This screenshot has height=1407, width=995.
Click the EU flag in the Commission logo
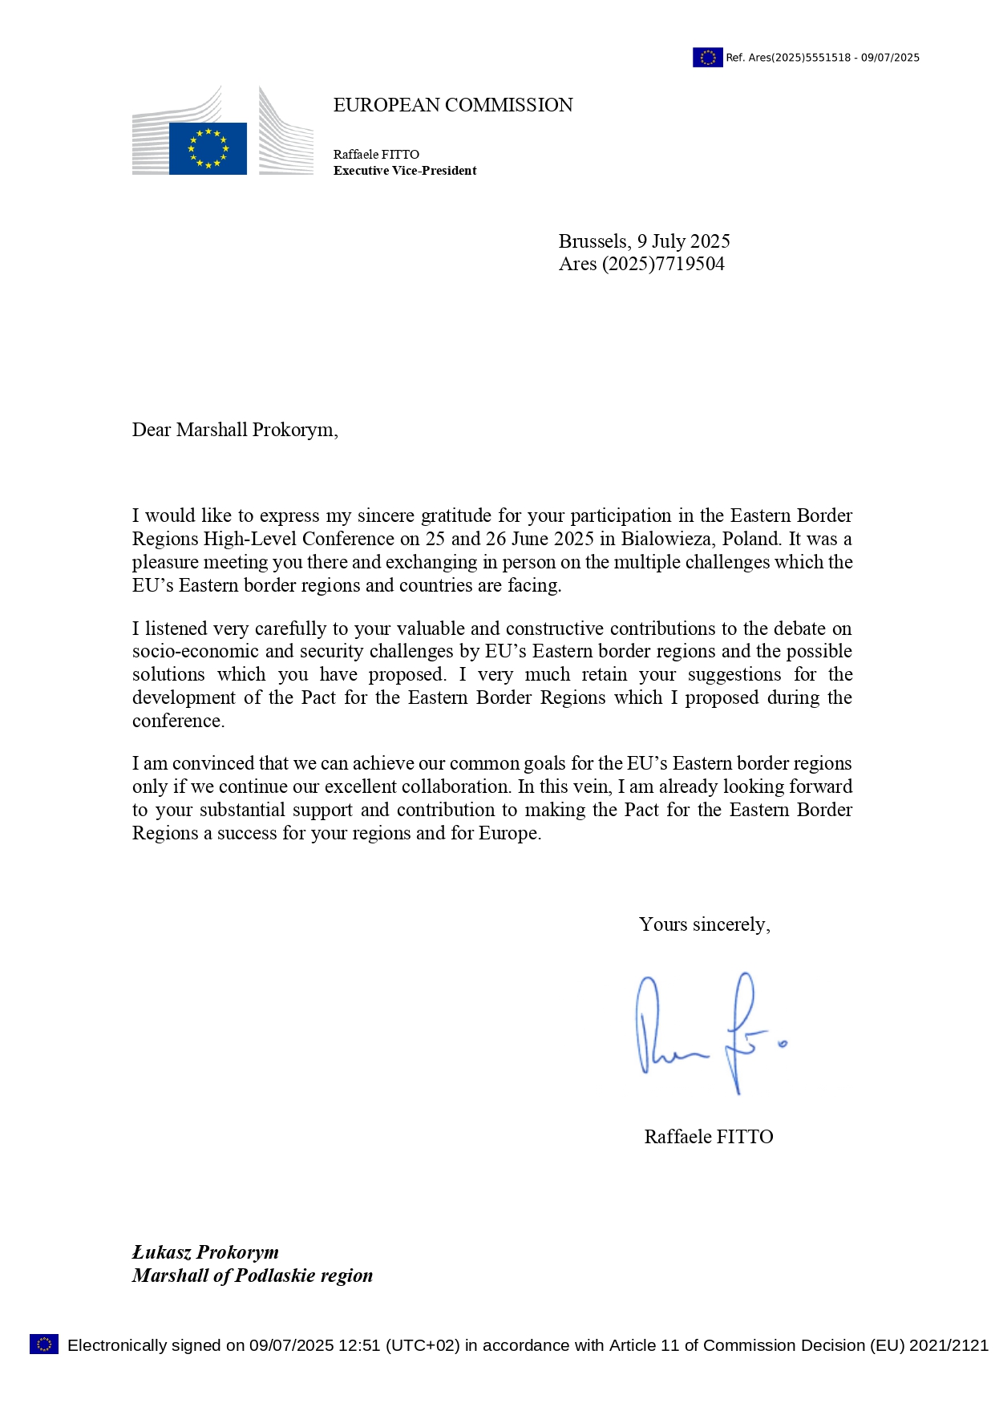pos(208,148)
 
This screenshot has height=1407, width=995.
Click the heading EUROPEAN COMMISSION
pos(453,105)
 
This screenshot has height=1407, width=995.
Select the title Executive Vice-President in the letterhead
pos(405,171)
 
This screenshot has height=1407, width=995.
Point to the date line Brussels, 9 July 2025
pos(644,241)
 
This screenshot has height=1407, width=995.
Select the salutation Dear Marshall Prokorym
pos(235,430)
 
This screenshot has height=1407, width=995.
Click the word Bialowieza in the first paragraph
pos(665,539)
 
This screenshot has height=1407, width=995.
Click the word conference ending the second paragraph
pos(177,721)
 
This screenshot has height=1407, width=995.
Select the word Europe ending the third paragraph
pos(509,833)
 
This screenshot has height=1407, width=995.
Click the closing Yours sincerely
pos(704,924)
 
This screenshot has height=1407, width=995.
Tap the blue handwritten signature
pos(706,1034)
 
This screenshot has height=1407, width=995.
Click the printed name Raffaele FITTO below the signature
pos(709,1137)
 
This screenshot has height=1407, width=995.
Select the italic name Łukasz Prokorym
pos(205,1252)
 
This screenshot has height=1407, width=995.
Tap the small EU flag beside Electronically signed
pos(44,1344)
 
